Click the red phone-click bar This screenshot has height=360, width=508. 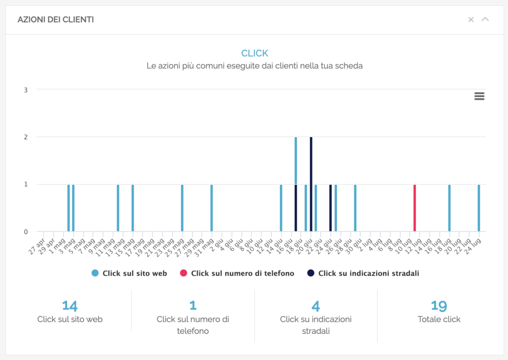pos(415,208)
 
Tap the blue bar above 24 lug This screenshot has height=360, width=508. pos(479,208)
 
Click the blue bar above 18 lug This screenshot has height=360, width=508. pos(449,208)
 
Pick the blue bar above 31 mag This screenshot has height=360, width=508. pos(212,208)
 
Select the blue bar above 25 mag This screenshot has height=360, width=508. pos(182,208)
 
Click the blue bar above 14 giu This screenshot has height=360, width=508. pos(281,208)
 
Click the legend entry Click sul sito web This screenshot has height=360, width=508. pos(129,273)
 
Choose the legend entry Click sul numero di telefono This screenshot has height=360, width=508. pos(237,273)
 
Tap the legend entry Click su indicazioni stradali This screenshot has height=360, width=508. pos(363,273)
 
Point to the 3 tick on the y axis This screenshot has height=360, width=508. pos(25,90)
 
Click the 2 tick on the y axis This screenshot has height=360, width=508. pos(25,137)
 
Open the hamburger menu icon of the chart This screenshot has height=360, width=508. pos(479,96)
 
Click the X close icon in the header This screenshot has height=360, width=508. pos(471,19)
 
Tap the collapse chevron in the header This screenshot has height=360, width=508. pos(485,19)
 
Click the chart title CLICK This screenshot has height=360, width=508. pos(254,53)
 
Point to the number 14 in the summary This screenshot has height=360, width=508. pos(69,305)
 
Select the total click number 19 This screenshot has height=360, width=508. pos(439,305)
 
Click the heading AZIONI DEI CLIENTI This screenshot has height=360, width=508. pos(56,20)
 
